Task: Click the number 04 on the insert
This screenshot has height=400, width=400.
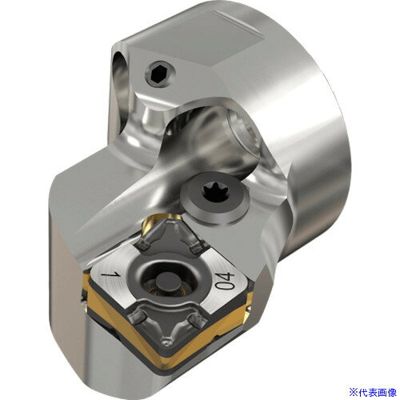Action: (x=225, y=281)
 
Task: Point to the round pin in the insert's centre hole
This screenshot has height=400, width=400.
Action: (x=166, y=282)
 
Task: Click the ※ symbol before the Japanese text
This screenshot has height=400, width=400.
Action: (x=353, y=392)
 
